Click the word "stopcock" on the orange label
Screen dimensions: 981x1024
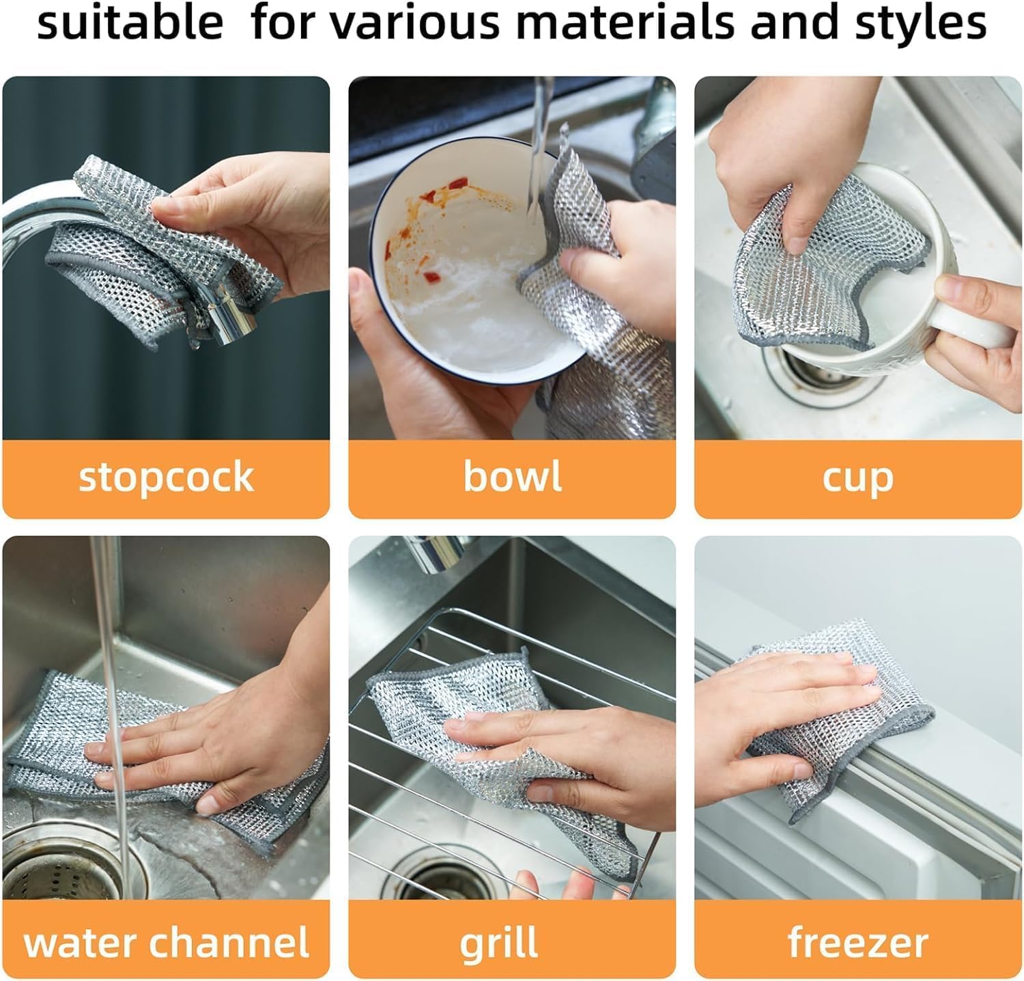pos(166,477)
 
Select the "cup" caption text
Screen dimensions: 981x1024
pos(857,477)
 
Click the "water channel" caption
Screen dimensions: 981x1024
pos(166,942)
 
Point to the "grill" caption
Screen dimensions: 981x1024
pos(498,943)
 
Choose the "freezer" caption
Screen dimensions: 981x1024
pos(857,942)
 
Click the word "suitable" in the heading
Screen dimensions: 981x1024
pos(130,22)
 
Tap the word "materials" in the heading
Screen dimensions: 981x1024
pos(625,22)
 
